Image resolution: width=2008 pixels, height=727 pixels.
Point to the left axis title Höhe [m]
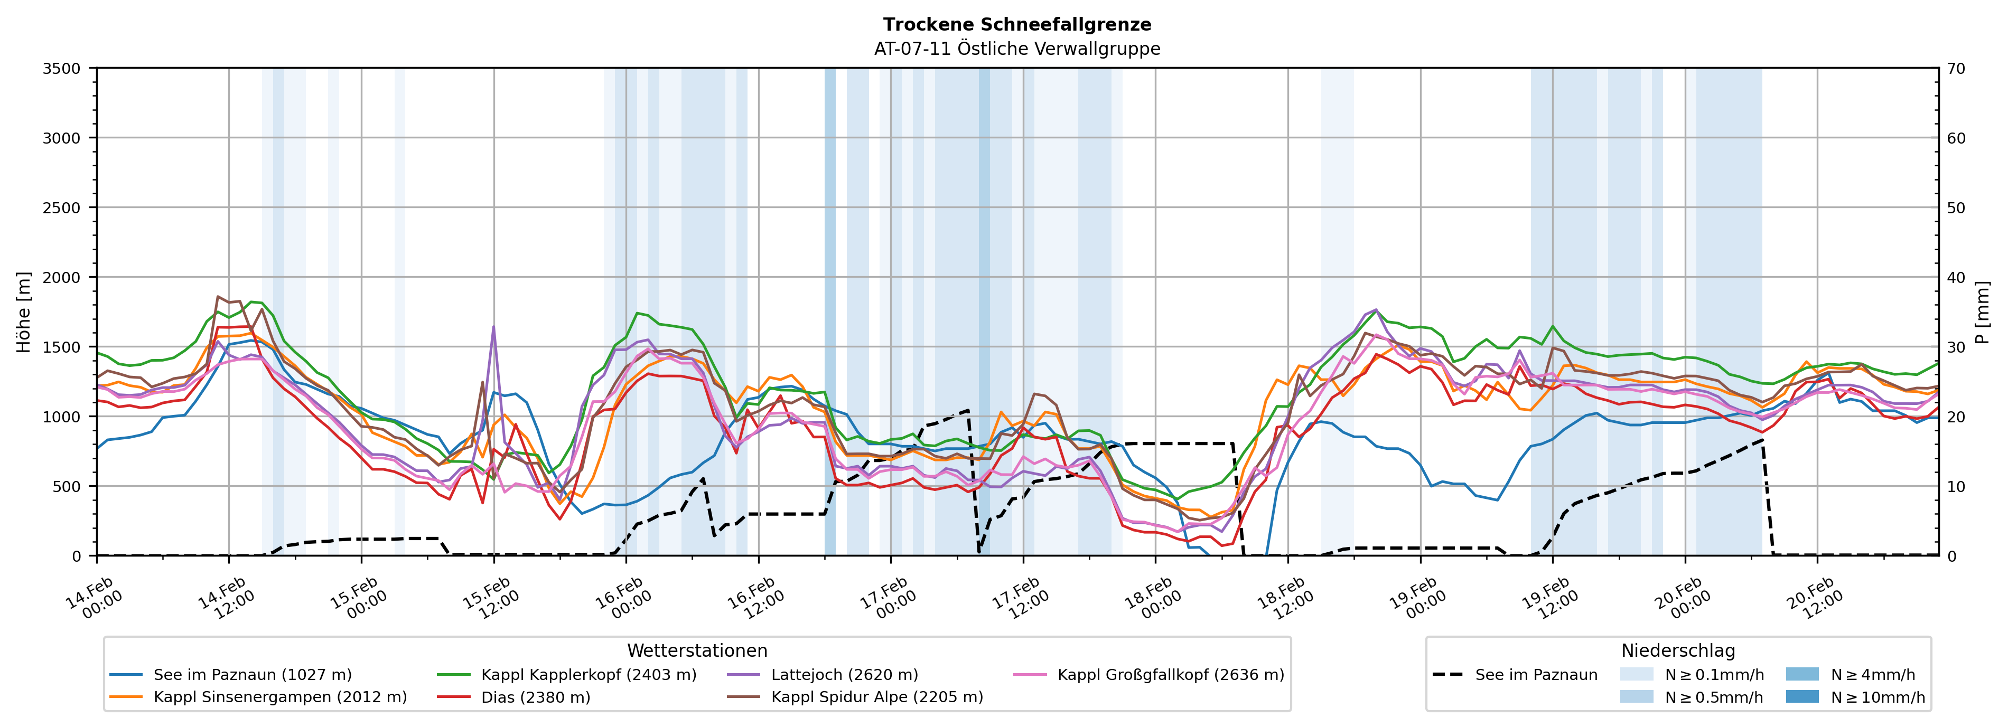(24, 311)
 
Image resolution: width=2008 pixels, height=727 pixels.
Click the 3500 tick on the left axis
(62, 69)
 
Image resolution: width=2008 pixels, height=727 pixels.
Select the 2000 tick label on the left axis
(62, 277)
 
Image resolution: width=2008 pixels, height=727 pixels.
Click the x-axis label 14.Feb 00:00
(95, 598)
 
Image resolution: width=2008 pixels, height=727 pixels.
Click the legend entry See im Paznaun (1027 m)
(253, 675)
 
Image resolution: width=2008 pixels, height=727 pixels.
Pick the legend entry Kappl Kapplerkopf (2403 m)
(589, 675)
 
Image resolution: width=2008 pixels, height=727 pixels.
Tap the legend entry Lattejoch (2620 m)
(844, 675)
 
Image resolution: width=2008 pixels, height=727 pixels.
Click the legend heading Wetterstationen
(697, 650)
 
